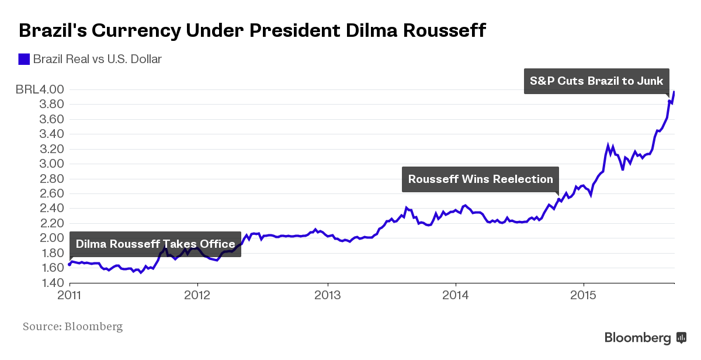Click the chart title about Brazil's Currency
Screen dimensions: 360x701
tap(252, 30)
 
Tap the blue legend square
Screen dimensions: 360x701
tap(24, 59)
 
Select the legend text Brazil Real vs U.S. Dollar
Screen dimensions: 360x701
tap(97, 59)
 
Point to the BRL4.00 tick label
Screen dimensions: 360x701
tap(40, 90)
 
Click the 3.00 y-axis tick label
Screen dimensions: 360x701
tap(51, 164)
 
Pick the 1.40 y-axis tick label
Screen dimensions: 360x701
tap(51, 283)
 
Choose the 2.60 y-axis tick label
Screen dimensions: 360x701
tap(51, 194)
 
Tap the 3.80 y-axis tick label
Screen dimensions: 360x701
tap(51, 105)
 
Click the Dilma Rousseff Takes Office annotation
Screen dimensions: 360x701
tap(155, 244)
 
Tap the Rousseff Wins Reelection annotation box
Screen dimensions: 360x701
tap(480, 179)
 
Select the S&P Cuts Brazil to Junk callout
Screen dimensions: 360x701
tap(596, 81)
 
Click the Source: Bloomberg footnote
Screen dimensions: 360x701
tap(72, 326)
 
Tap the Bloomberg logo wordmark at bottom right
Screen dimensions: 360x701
tap(637, 338)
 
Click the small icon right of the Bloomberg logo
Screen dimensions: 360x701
tap(681, 338)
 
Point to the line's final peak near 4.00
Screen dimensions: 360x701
tap(674, 92)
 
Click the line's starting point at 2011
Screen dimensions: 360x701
tap(70, 264)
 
